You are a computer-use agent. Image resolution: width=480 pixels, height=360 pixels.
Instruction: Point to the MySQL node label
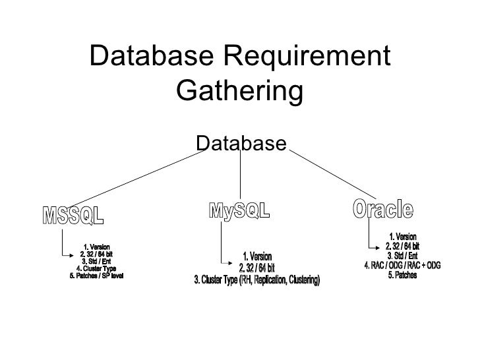pos(239,211)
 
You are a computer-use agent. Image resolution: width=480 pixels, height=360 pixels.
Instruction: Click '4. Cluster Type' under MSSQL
pos(96,268)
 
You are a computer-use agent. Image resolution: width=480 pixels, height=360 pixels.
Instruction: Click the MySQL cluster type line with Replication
pos(256,281)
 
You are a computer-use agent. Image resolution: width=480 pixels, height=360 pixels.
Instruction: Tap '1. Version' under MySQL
pos(257,256)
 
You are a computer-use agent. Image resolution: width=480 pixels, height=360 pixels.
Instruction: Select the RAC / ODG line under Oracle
pos(402,265)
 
